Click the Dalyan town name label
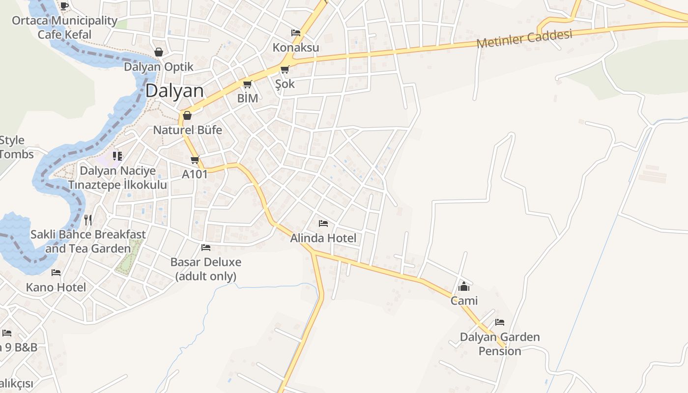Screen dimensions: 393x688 point(174,91)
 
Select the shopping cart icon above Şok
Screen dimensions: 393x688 point(285,70)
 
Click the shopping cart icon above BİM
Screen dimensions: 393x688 point(248,84)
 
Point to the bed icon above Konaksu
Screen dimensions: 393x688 point(296,33)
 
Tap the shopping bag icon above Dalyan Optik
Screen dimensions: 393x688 point(159,52)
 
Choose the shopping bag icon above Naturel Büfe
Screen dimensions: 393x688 point(187,116)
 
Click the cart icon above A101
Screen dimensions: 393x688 point(195,160)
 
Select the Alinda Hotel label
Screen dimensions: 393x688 point(323,238)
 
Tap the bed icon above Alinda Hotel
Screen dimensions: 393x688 point(323,224)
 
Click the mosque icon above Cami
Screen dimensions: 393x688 point(464,286)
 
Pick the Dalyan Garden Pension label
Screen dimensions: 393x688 point(500,344)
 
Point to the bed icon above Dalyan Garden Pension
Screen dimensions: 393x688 point(500,323)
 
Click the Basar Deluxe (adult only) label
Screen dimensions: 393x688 point(206,269)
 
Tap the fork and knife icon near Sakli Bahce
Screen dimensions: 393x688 point(88,220)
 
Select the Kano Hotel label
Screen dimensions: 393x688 point(56,287)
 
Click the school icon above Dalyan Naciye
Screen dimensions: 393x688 point(117,156)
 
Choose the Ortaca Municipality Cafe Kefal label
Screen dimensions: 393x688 point(65,28)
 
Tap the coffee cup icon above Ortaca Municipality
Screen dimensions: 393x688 point(64,6)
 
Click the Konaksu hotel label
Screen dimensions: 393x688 point(296,48)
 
